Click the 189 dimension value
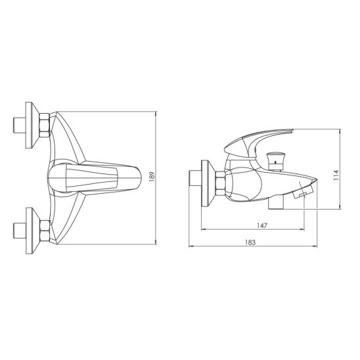coord(152,177)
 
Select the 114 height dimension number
coord(336,175)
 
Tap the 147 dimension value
coord(262,226)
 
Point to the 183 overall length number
coord(250,242)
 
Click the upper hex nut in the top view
coord(44,125)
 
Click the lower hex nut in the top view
coord(45,231)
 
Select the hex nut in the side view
coord(221,184)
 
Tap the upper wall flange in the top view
coord(32,125)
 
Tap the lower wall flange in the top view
coord(32,231)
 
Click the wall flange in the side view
coord(208,183)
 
